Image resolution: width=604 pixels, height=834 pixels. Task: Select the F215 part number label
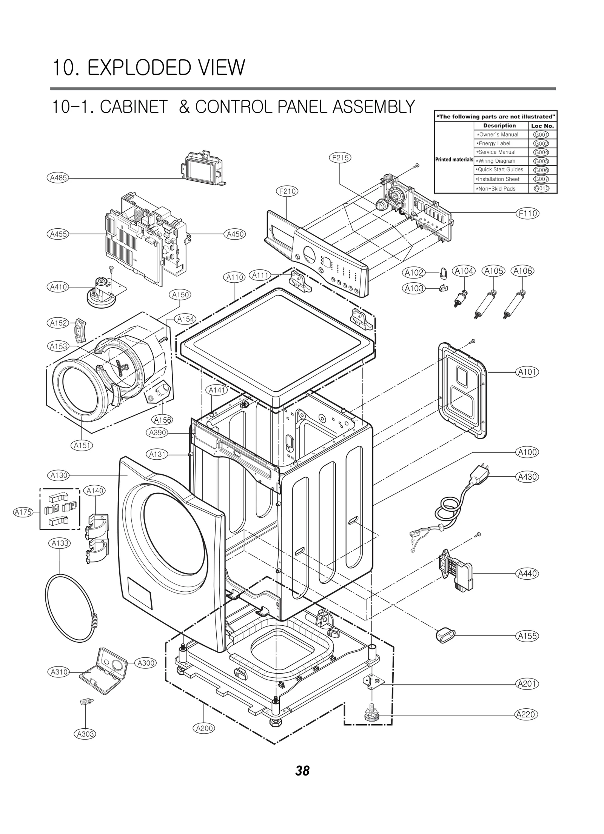pyautogui.click(x=340, y=158)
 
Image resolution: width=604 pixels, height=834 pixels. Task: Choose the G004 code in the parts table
pyautogui.click(x=541, y=152)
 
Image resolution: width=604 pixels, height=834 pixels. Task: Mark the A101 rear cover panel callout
pyautogui.click(x=527, y=372)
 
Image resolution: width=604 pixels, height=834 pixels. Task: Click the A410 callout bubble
pyautogui.click(x=59, y=287)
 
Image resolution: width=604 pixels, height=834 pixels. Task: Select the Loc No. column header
pyautogui.click(x=542, y=126)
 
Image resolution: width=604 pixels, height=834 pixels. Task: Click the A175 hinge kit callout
pyautogui.click(x=23, y=512)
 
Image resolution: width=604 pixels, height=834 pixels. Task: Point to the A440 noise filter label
pyautogui.click(x=527, y=574)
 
